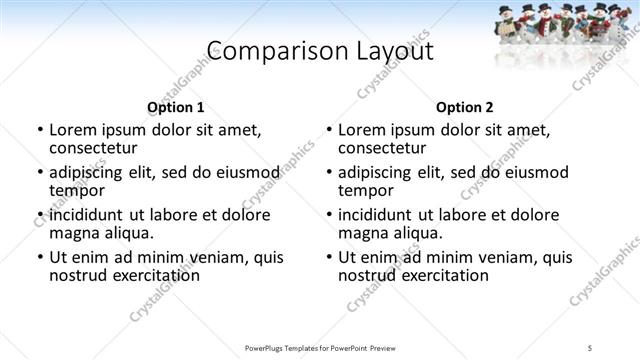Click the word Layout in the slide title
pos(388,52)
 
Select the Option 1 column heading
pos(176,107)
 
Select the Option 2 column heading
pos(465,107)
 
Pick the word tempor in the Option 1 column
pos(75,191)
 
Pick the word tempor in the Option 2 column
pos(364,191)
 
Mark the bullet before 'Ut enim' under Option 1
pos(39,258)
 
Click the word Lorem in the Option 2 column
pos(361,130)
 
